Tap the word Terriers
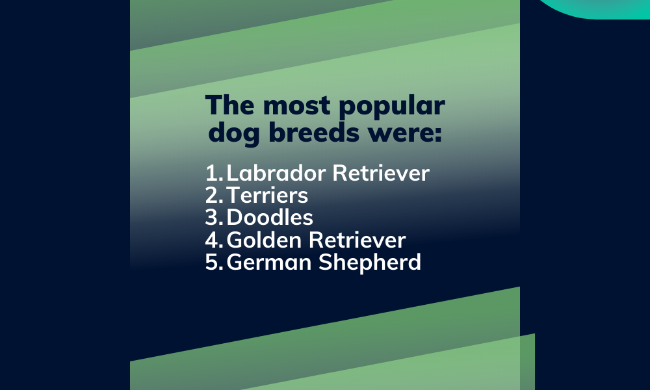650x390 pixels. (268, 195)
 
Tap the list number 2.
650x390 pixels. (213, 195)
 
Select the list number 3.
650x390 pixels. (213, 217)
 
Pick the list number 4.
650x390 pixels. (213, 240)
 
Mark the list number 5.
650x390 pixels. (213, 262)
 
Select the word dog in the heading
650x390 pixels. (231, 135)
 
